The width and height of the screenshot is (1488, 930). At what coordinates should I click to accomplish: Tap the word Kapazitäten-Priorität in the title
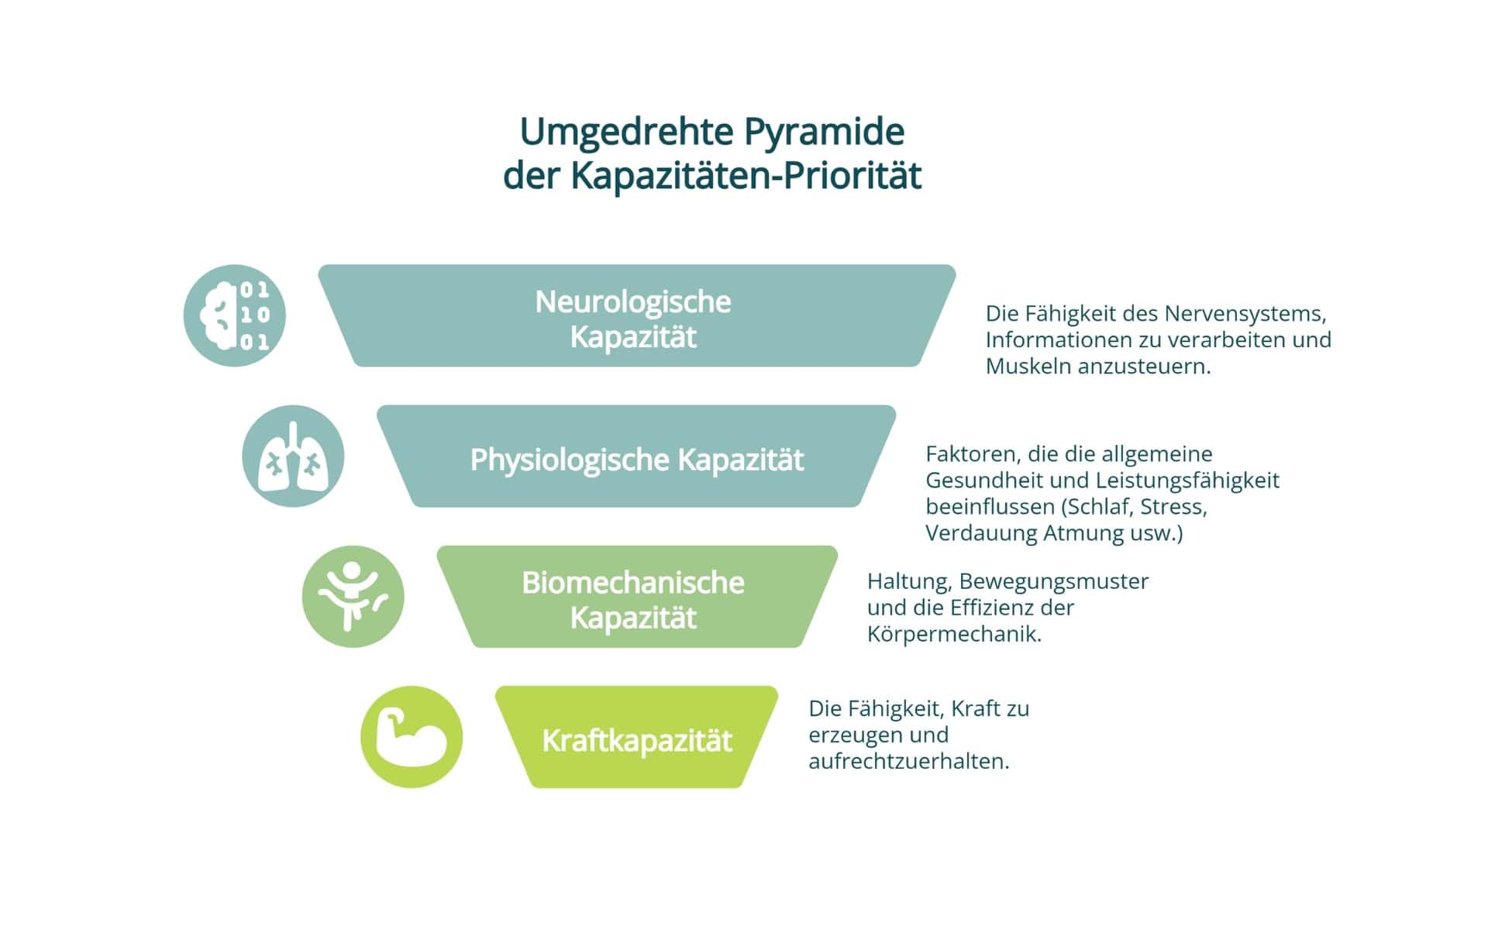click(x=746, y=176)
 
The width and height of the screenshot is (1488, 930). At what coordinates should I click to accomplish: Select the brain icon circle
click(x=234, y=315)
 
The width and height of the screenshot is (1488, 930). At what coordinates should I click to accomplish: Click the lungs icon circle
click(x=293, y=456)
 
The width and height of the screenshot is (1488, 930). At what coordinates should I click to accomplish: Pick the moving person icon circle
click(x=353, y=597)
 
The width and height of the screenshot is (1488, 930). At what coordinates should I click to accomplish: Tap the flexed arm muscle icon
click(x=412, y=737)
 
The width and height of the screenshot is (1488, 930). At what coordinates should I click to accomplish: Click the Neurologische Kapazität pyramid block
click(x=635, y=316)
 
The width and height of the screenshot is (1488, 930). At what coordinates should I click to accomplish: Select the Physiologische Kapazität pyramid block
click(x=635, y=457)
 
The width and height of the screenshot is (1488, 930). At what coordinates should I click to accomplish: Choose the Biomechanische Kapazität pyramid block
click(x=635, y=598)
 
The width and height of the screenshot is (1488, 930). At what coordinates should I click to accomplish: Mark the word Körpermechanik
click(x=954, y=634)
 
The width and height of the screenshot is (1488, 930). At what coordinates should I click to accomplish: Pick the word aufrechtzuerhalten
click(x=908, y=761)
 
